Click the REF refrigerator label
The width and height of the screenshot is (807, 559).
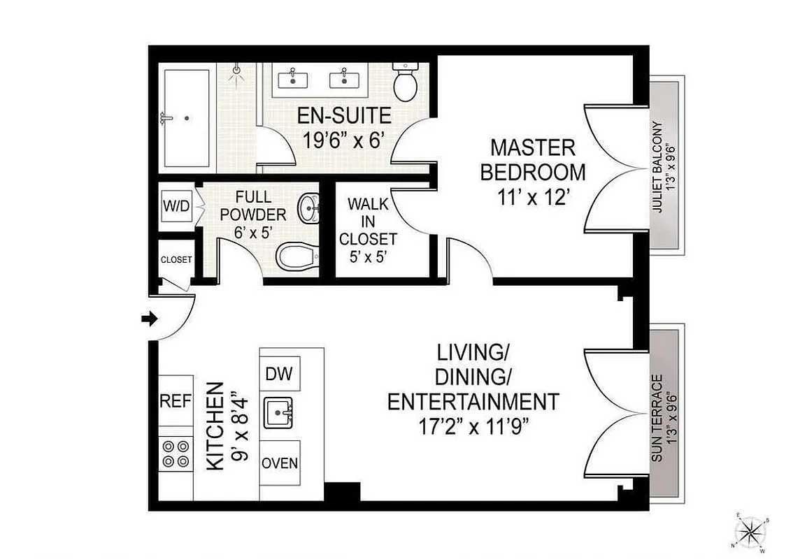[x=176, y=401]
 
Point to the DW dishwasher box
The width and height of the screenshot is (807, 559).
[x=280, y=374]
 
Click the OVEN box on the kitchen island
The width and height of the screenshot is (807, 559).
[x=280, y=463]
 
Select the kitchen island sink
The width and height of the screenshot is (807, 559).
[x=280, y=414]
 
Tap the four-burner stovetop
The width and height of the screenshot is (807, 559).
[x=176, y=453]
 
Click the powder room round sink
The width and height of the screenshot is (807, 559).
[x=309, y=208]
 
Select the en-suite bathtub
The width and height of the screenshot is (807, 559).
[x=187, y=118]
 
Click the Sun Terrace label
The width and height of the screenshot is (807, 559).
[x=662, y=417]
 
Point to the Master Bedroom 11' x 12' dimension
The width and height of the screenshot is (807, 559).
[x=532, y=197]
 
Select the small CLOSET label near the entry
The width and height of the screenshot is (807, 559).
[x=176, y=259]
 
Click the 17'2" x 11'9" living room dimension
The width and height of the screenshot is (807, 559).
[x=473, y=426]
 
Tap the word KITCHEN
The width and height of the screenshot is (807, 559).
[x=217, y=426]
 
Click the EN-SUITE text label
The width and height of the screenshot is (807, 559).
[x=343, y=115]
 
